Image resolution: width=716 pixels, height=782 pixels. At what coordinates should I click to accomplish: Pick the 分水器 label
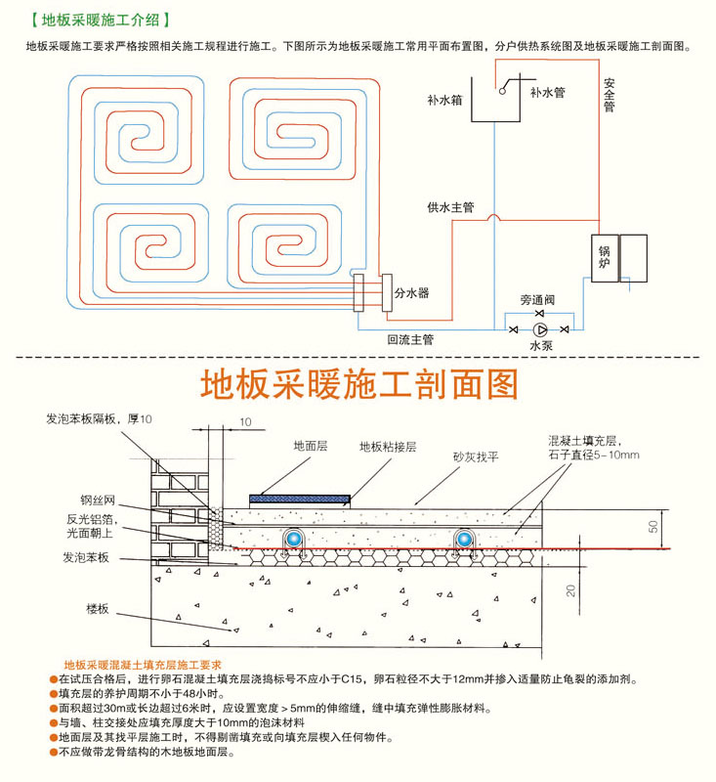click(x=411, y=292)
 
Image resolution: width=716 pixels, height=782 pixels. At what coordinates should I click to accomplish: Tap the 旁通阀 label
click(x=538, y=300)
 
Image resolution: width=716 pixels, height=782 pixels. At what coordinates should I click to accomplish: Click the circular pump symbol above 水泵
click(x=541, y=330)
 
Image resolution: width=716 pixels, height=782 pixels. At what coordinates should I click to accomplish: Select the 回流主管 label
click(x=409, y=339)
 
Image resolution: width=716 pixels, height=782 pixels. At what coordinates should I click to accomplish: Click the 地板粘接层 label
click(x=388, y=447)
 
